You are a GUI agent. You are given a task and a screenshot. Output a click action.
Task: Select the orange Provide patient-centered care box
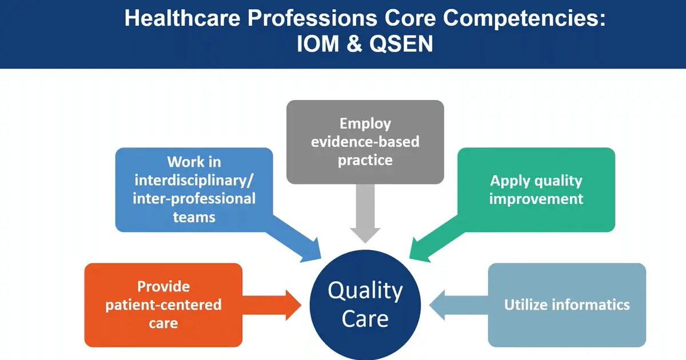coord(163,305)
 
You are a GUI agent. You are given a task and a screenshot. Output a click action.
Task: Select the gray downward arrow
coord(365,214)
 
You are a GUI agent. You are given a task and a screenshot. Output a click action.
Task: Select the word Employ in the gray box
coord(365,123)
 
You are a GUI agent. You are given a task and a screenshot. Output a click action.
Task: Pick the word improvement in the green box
coord(536,199)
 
